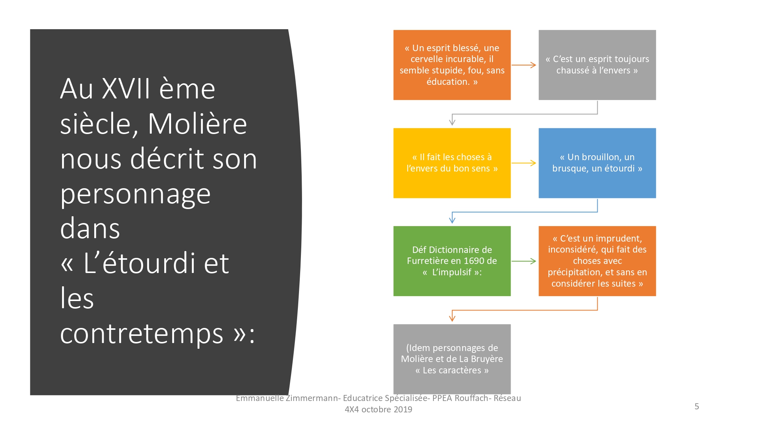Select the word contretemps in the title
click(x=142, y=334)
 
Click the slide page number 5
click(x=697, y=406)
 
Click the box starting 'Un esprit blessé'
click(x=452, y=65)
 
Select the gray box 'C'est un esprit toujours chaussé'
click(x=597, y=65)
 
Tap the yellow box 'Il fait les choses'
click(x=452, y=163)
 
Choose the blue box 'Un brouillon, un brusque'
click(x=597, y=163)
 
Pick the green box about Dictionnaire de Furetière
click(x=452, y=261)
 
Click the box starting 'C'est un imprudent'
click(x=597, y=261)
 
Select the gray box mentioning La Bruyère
click(x=452, y=359)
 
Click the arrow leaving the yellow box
click(x=524, y=163)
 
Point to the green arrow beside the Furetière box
click(x=524, y=261)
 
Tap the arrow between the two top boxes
click(x=524, y=65)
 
